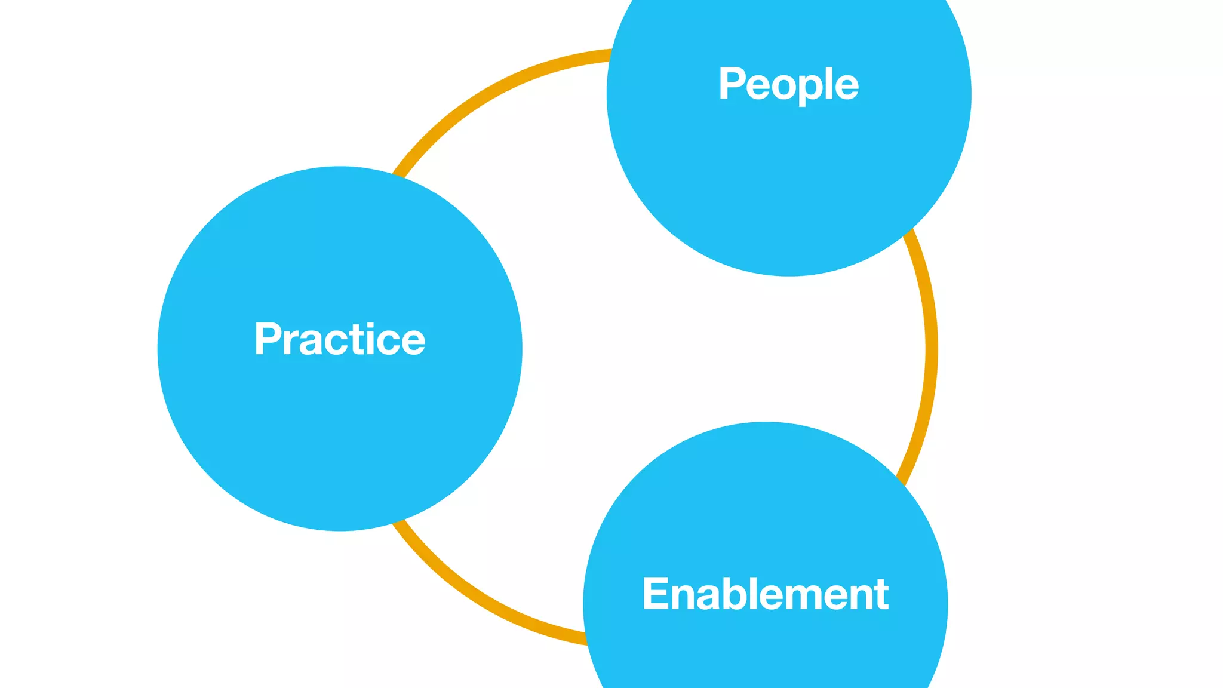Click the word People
tap(788, 84)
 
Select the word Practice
tap(340, 339)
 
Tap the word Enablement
tap(765, 594)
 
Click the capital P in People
tap(732, 83)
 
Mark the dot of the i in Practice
tap(376, 325)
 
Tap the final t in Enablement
tap(881, 595)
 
